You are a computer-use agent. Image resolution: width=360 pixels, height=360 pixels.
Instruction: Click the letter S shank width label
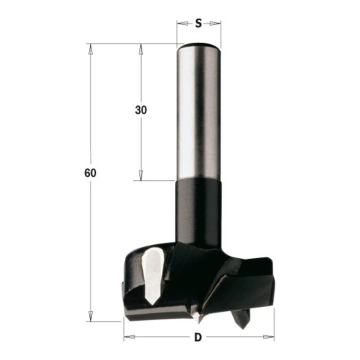pos(198,23)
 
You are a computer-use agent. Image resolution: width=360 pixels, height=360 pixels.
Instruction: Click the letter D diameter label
pos(198,337)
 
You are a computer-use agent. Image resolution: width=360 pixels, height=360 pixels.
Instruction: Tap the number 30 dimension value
pos(141,110)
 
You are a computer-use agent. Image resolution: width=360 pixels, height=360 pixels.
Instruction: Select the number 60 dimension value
pos(90,173)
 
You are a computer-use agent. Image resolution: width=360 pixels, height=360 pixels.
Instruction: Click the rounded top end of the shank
pos(199,45)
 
